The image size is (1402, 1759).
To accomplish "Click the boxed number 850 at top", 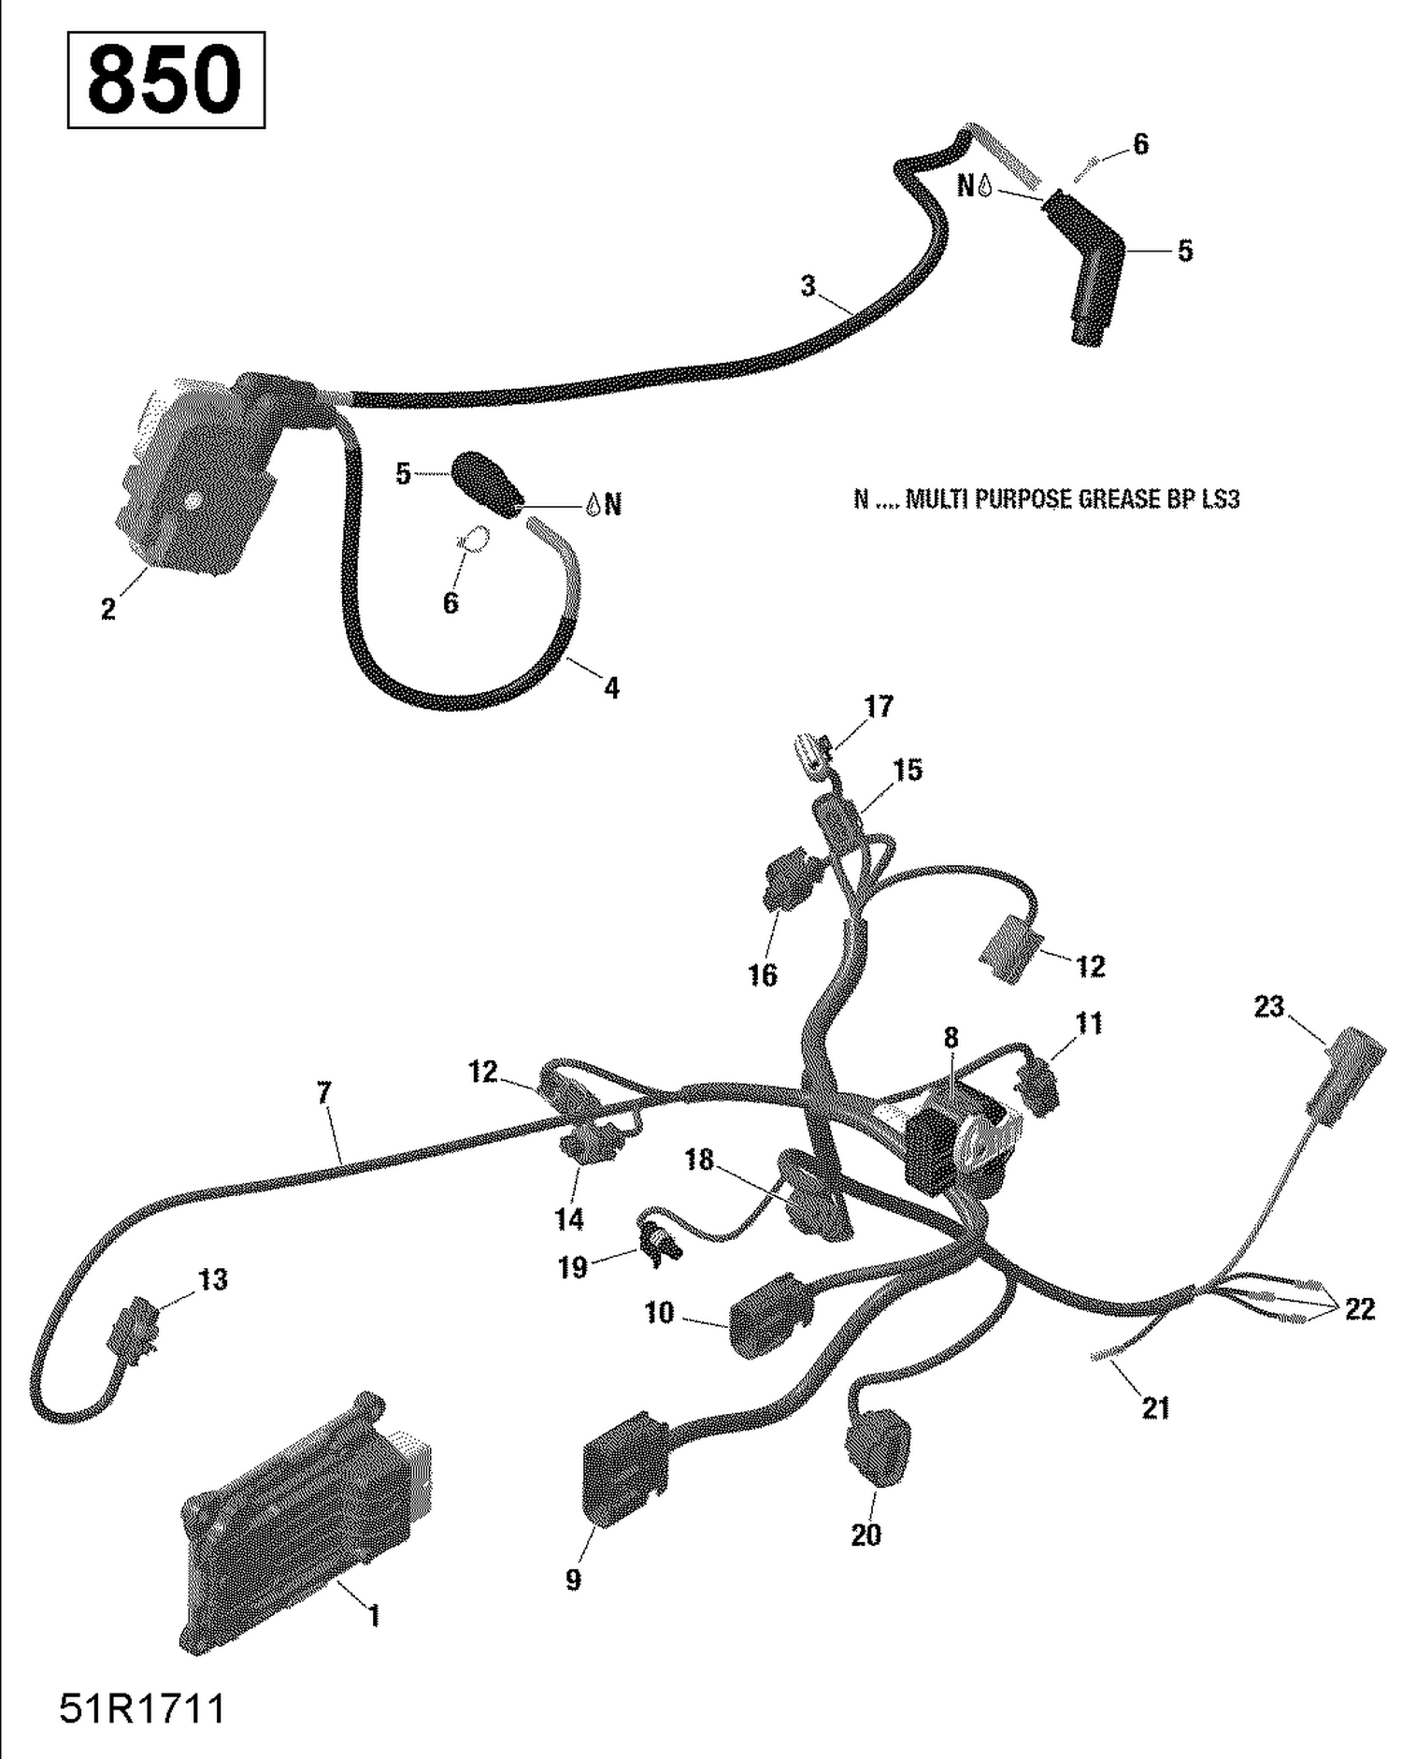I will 165,80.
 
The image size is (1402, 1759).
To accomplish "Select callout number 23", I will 1268,1007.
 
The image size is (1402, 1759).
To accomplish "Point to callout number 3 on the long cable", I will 808,285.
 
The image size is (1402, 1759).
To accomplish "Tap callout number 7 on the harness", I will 323,1092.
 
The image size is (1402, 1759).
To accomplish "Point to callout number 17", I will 878,706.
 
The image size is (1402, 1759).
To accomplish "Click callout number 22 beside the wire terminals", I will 1359,1309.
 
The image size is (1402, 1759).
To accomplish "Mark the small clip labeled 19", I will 661,1244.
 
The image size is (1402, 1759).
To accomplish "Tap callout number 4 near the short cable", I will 611,688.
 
